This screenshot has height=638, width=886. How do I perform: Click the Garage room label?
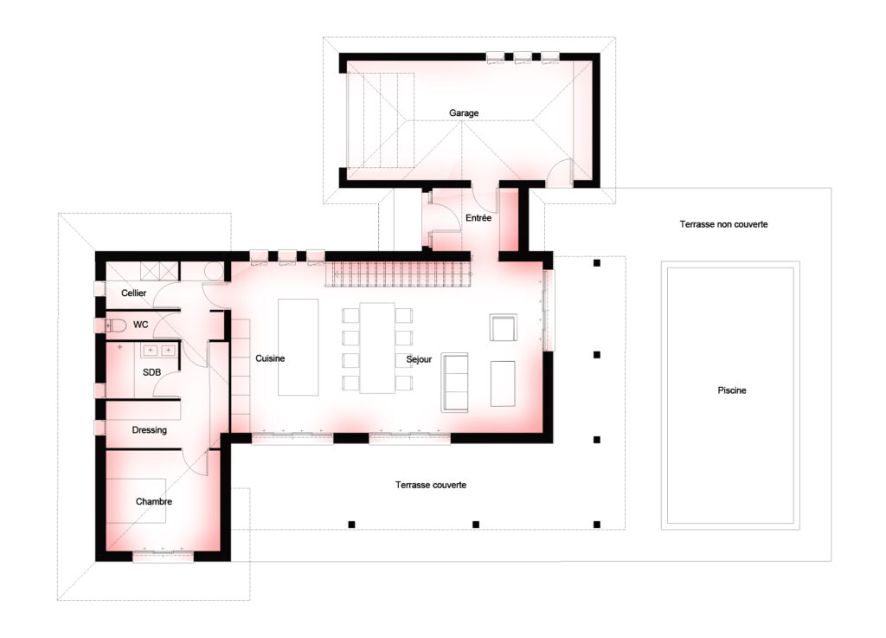[464, 113]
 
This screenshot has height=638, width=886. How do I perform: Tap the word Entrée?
[478, 217]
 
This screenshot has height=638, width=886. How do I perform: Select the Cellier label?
[134, 293]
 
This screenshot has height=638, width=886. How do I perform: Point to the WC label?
[141, 325]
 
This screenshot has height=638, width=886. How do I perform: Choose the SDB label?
[151, 372]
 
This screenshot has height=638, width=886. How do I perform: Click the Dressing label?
[149, 430]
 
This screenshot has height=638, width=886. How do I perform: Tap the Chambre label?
[154, 501]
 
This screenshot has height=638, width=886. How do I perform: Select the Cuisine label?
[270, 358]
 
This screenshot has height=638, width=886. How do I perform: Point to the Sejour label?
[419, 359]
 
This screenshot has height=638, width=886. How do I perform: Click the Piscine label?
[732, 390]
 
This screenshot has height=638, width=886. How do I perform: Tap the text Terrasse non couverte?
[724, 224]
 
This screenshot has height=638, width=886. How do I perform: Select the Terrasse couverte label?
[431, 485]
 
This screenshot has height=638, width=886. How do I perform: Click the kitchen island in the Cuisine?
[299, 347]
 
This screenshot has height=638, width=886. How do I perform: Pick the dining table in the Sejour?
[377, 348]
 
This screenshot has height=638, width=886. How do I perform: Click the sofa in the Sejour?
[455, 382]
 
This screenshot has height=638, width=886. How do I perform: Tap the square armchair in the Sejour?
[503, 328]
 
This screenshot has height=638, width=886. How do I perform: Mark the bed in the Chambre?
[136, 500]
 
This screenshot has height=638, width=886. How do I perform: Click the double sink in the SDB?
[159, 351]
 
